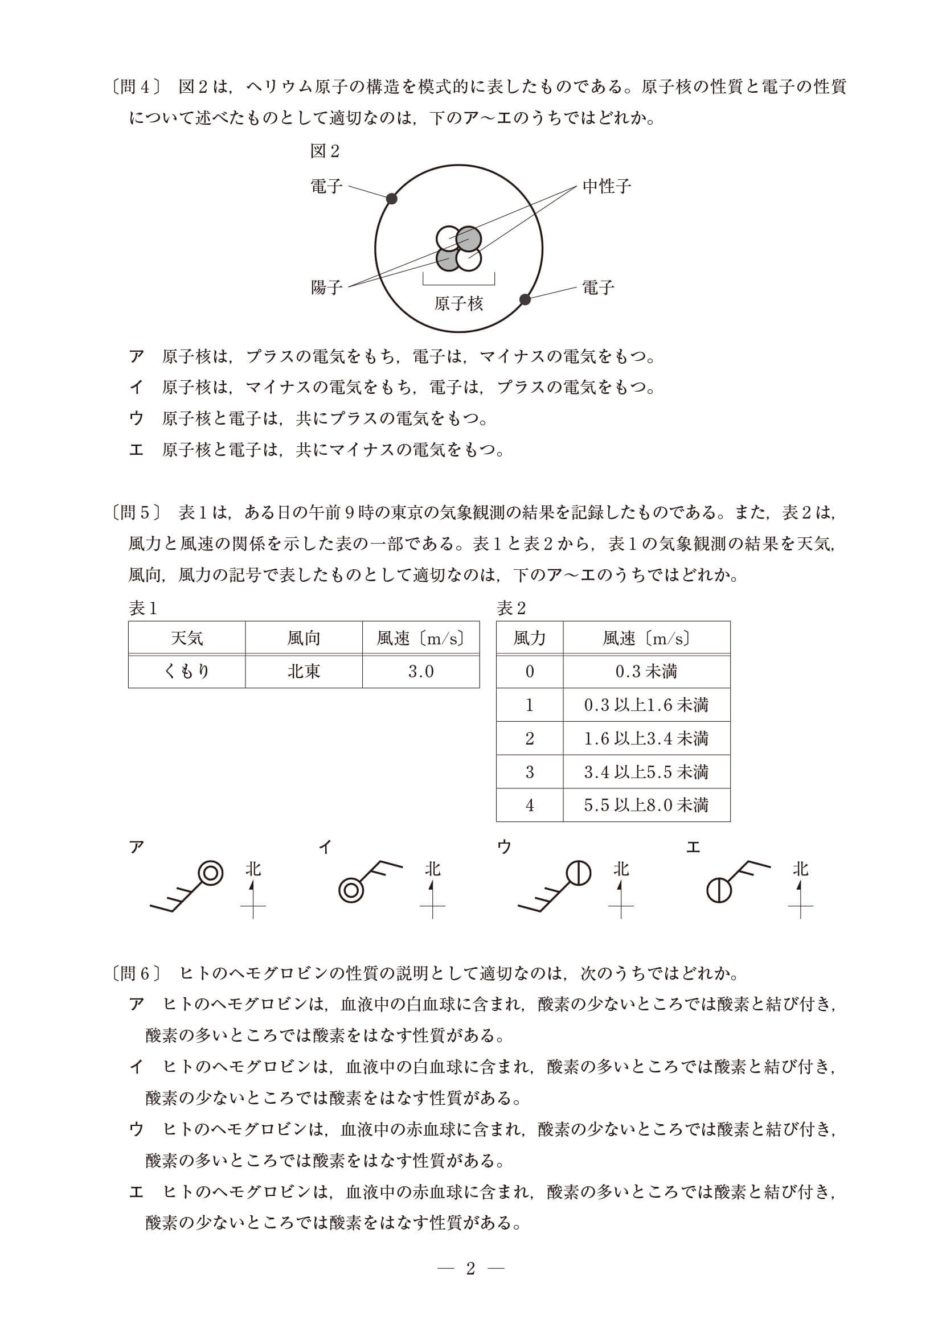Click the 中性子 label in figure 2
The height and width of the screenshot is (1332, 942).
[606, 186]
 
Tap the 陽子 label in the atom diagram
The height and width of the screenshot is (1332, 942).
[327, 287]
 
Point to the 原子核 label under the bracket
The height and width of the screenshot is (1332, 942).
[458, 303]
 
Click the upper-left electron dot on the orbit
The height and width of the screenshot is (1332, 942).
[392, 199]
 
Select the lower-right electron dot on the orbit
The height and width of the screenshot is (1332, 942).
[525, 299]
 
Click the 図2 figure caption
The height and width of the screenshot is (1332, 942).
[325, 151]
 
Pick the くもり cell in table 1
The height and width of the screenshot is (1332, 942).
[187, 671]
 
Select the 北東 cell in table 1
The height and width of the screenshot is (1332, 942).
[304, 671]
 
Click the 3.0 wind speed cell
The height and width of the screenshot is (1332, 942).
[421, 671]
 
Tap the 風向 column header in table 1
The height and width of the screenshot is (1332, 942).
[304, 638]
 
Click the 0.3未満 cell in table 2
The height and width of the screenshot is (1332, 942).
[646, 671]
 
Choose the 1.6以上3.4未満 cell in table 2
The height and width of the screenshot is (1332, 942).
[646, 738]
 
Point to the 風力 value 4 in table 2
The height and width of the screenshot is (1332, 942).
[529, 805]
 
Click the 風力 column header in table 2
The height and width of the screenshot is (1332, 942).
[529, 638]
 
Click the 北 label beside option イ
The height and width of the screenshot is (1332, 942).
[432, 869]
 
